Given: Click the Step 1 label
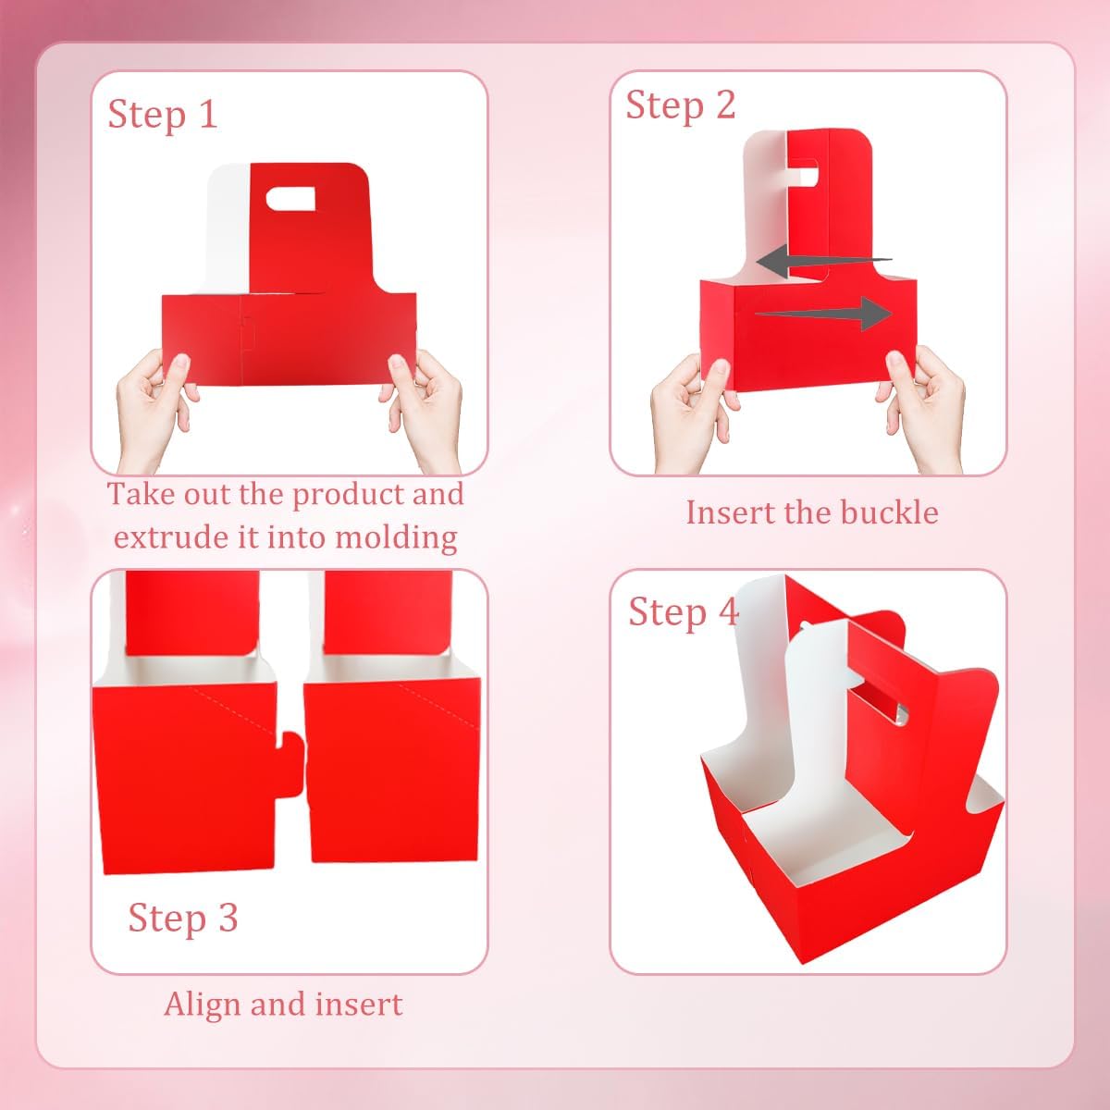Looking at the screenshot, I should pyautogui.click(x=163, y=115).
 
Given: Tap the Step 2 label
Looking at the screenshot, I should pyautogui.click(x=681, y=105).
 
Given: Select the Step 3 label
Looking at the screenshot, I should pyautogui.click(x=183, y=918).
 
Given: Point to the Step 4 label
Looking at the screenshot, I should pyautogui.click(x=684, y=612).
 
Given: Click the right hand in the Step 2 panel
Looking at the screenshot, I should pyautogui.click(x=925, y=407).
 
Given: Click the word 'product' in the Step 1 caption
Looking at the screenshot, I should pyautogui.click(x=349, y=495).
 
